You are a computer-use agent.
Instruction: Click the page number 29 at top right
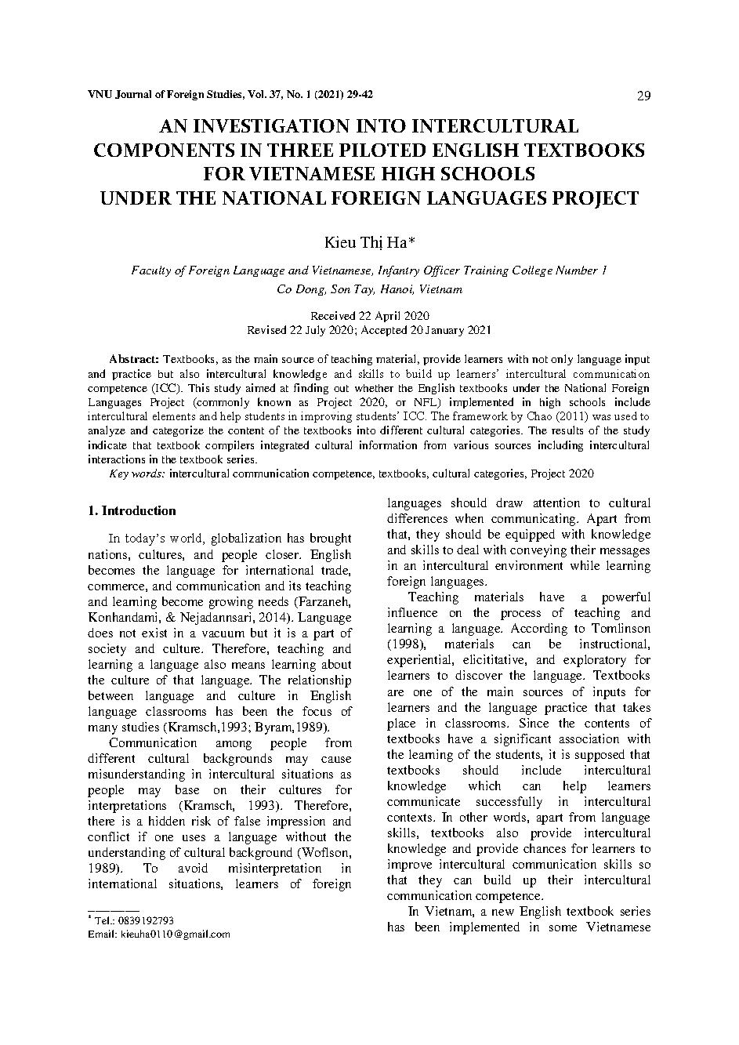[x=643, y=96]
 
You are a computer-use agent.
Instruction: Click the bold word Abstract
[x=134, y=358]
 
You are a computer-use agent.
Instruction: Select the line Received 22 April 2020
[x=369, y=315]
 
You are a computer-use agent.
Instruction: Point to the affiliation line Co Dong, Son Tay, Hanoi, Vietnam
[x=369, y=288]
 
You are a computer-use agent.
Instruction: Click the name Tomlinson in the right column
[x=620, y=629]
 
